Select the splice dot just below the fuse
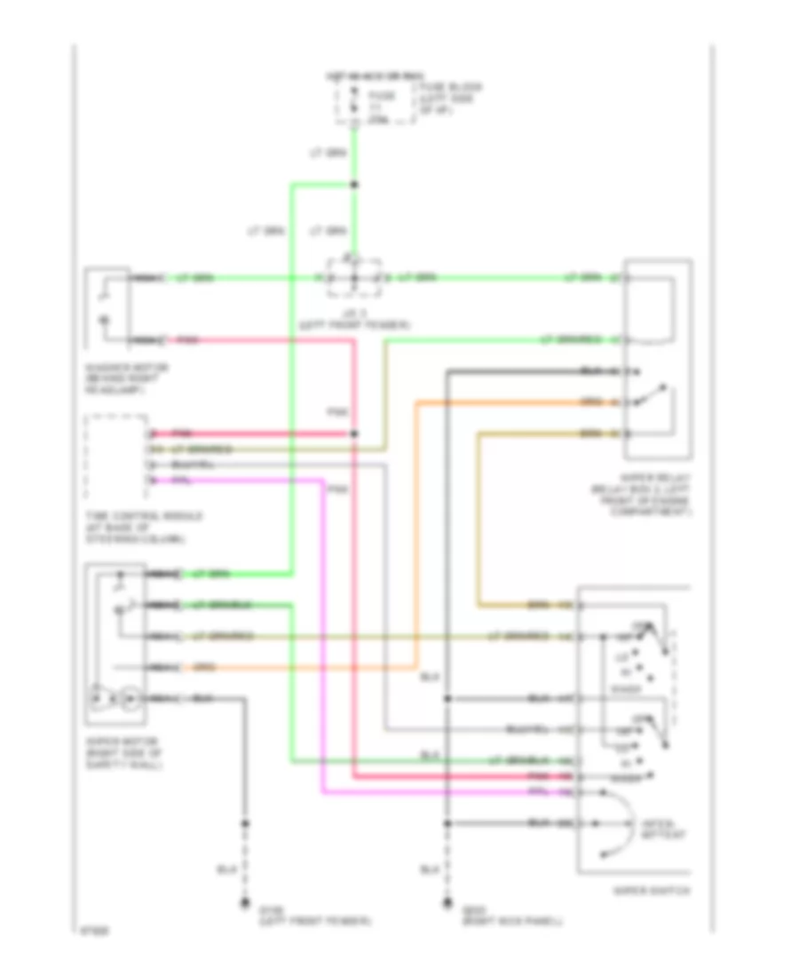click(x=353, y=186)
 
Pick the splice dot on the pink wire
click(x=353, y=433)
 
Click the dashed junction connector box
click(x=353, y=278)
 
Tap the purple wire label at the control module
click(x=181, y=481)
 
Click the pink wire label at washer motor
click(x=187, y=340)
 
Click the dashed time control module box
click(x=115, y=457)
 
